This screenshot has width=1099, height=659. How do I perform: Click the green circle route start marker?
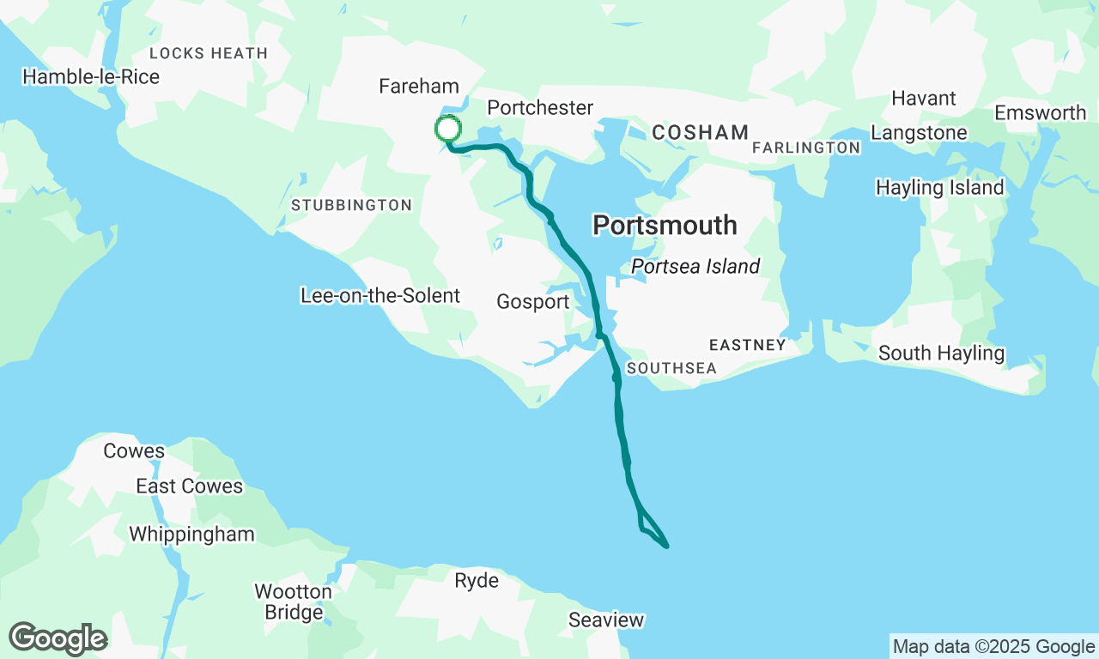tap(447, 130)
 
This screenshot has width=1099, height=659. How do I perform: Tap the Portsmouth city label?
tap(665, 226)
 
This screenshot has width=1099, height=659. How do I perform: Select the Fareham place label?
tap(419, 87)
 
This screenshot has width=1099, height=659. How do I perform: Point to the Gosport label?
tap(532, 302)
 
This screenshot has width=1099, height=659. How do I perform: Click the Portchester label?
tap(540, 108)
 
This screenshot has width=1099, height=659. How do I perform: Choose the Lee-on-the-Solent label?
tap(379, 296)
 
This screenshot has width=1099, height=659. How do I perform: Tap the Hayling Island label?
tap(939, 188)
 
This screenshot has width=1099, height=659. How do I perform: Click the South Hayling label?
tap(941, 354)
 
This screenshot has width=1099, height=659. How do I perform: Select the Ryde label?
tap(477, 581)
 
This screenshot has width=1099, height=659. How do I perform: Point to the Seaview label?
tap(605, 620)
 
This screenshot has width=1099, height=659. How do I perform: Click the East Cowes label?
tap(189, 487)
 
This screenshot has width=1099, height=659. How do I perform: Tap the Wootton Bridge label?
tap(293, 602)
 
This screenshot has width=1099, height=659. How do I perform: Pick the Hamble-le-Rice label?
tap(91, 77)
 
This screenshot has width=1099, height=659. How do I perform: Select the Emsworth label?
tap(1040, 113)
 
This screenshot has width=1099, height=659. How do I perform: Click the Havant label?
tap(924, 99)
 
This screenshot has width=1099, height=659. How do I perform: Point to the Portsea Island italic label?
tap(695, 267)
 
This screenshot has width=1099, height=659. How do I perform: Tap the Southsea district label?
tap(671, 368)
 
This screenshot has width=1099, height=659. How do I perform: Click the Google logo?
tap(58, 639)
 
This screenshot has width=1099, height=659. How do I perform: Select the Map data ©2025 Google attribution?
tap(993, 647)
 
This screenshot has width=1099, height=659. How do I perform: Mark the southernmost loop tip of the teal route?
tap(666, 546)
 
